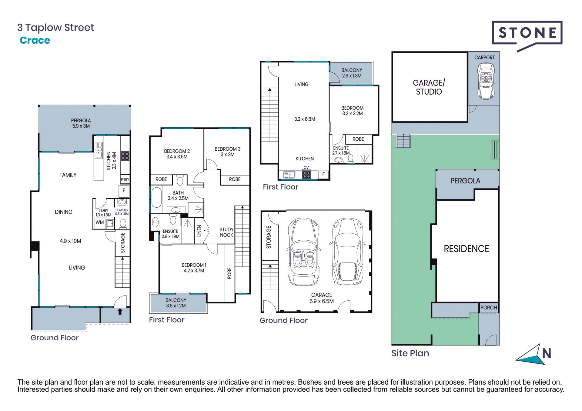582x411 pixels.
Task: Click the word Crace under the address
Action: click(x=35, y=40)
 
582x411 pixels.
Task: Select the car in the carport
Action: click(x=486, y=81)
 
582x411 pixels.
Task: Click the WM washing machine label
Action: click(x=99, y=222)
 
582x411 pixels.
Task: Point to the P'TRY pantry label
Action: click(x=125, y=179)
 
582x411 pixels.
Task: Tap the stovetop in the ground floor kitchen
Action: click(x=125, y=156)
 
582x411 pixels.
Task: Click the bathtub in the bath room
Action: click(x=156, y=197)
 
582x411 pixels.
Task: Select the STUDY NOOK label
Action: click(x=226, y=232)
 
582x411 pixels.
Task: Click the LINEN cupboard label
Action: click(x=199, y=231)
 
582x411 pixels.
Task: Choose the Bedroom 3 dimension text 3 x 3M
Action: click(x=227, y=155)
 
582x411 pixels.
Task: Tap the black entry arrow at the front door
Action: click(x=120, y=311)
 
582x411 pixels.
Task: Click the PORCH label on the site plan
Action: click(x=489, y=308)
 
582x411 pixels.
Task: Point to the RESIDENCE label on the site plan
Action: click(x=466, y=249)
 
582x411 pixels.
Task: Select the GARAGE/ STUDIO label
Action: click(x=429, y=87)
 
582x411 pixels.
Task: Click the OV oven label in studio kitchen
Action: click(x=306, y=168)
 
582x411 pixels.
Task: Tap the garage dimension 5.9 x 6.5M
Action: click(x=321, y=301)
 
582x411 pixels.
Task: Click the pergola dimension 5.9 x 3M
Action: click(x=81, y=126)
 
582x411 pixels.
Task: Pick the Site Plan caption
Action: click(x=410, y=353)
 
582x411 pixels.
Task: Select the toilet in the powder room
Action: click(x=123, y=224)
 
